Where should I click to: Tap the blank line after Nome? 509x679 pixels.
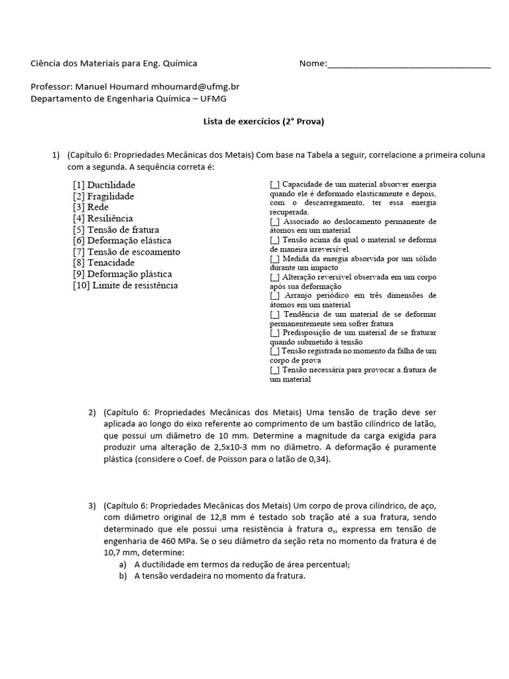(409, 64)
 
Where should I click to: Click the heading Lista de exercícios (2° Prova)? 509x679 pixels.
(254, 121)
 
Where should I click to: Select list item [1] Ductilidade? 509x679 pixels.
(104, 185)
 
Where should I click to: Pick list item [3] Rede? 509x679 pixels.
(90, 207)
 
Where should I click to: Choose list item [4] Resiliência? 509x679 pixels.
(103, 218)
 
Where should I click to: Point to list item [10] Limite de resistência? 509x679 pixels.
(125, 285)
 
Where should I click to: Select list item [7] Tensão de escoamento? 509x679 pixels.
(126, 252)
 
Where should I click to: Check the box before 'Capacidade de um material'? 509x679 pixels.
(274, 184)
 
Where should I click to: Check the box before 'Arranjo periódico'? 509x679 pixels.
(274, 295)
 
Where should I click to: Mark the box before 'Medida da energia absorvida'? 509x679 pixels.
(274, 258)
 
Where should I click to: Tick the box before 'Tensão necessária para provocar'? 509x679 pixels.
(274, 369)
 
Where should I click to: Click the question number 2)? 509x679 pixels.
(92, 412)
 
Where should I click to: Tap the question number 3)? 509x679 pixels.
(92, 507)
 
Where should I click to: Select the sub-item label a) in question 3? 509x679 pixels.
(122, 564)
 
